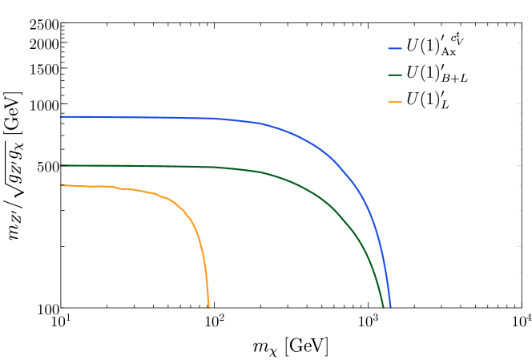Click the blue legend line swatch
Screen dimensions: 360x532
pos(395,49)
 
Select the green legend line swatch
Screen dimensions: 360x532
pos(395,75)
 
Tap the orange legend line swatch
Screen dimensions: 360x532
pos(395,103)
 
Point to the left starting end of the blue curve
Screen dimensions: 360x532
pos(62,117)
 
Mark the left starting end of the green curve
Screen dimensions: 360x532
pos(62,166)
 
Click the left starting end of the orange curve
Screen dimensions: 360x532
pos(62,185)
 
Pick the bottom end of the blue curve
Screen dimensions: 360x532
pos(390,306)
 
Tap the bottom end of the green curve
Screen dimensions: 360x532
pos(383,306)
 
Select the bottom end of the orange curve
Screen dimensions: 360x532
pos(209,306)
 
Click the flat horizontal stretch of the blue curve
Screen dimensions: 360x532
pos(144,118)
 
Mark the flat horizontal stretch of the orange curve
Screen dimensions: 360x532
pos(88,186)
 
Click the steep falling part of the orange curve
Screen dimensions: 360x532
pos(205,265)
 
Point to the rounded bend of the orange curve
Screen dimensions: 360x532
pos(186,212)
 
